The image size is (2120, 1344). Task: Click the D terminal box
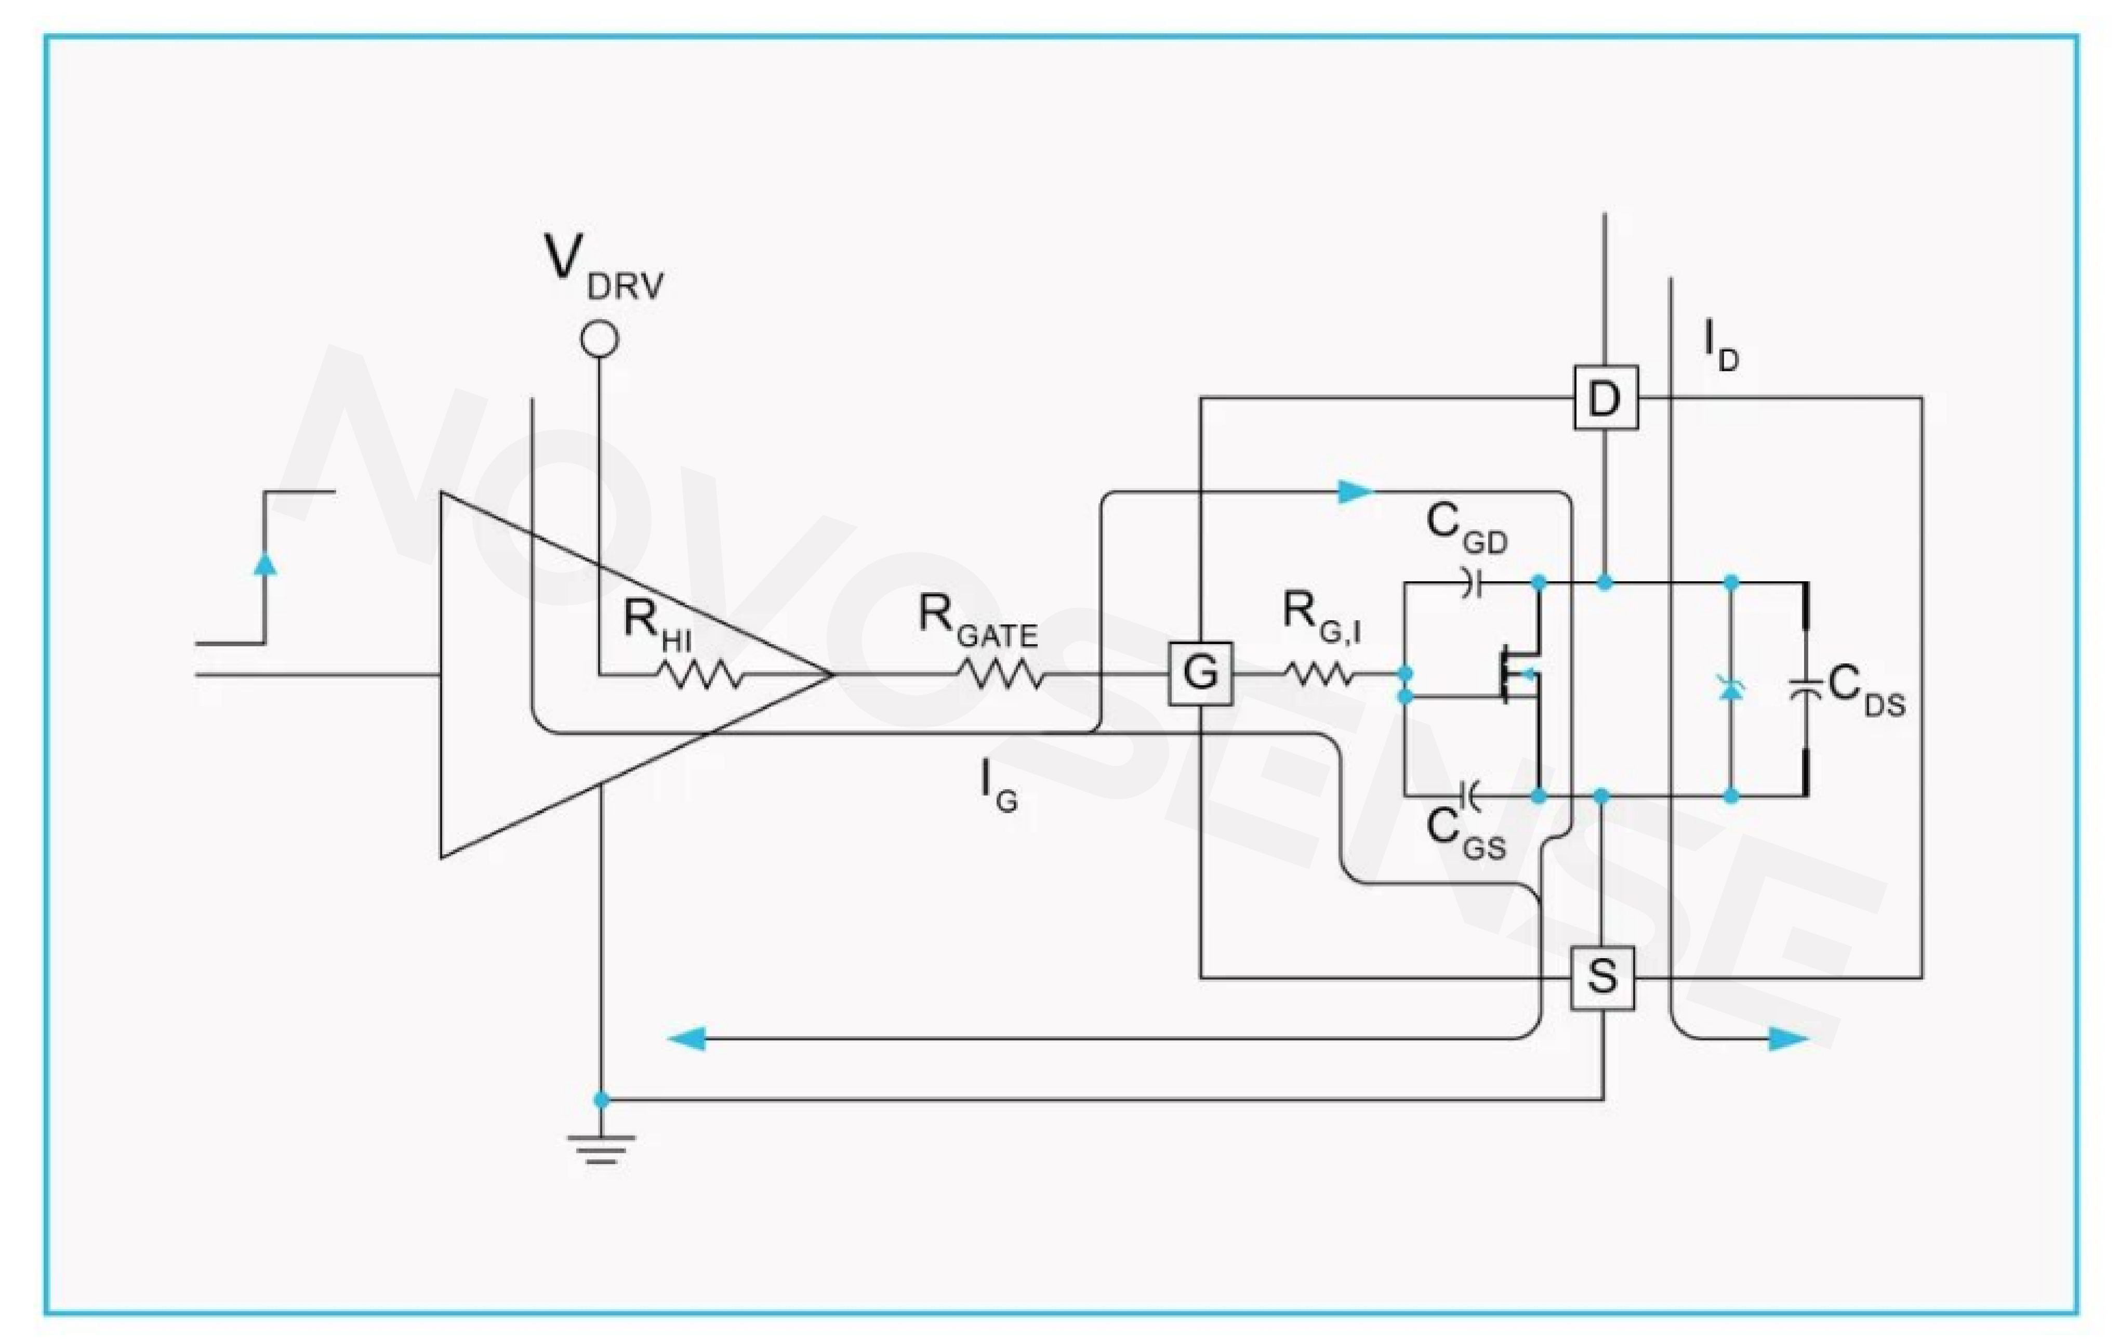tap(1605, 398)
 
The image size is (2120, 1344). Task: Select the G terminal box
tap(1200, 674)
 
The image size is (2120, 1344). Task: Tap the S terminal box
tap(1602, 977)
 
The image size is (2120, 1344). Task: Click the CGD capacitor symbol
tap(1468, 582)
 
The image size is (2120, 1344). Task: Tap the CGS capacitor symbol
tap(1468, 795)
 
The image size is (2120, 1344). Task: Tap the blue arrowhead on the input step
tap(265, 562)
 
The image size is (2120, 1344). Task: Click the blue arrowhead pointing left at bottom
tap(687, 1039)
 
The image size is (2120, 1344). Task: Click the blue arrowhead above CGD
tap(1356, 491)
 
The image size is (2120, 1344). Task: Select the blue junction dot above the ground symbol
tap(601, 1100)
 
